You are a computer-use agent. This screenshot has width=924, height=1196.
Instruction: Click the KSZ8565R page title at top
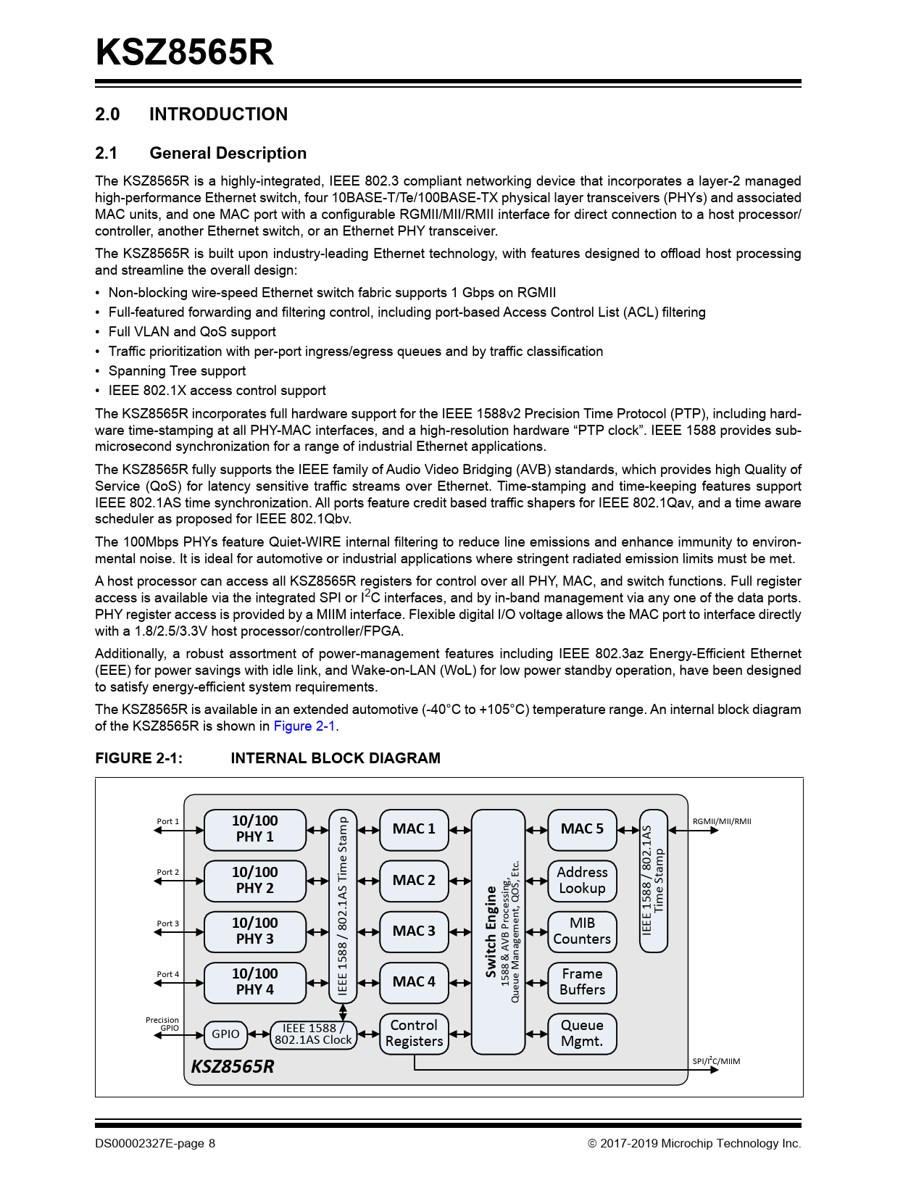click(x=185, y=52)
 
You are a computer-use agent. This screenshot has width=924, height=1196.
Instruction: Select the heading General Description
click(x=228, y=153)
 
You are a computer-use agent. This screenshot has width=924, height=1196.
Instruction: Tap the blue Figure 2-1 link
click(x=304, y=726)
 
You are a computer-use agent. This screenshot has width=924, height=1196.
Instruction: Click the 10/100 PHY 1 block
click(x=254, y=829)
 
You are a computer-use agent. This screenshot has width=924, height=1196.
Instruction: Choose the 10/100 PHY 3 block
click(x=254, y=931)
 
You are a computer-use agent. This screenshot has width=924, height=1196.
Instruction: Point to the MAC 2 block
click(x=414, y=881)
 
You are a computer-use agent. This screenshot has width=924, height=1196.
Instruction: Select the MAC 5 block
click(x=582, y=829)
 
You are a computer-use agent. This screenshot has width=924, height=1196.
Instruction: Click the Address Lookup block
click(x=582, y=881)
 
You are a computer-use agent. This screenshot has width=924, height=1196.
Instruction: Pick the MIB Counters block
click(x=582, y=931)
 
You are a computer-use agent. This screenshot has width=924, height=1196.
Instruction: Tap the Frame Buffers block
click(x=582, y=982)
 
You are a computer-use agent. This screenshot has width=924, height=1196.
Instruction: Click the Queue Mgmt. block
click(x=582, y=1034)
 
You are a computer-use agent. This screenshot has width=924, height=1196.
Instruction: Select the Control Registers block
click(x=414, y=1034)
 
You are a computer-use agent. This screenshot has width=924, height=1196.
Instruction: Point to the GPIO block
click(x=225, y=1034)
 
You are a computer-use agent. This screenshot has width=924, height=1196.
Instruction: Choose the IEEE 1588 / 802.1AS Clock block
click(x=313, y=1034)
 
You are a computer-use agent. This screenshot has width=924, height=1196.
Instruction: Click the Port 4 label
click(x=167, y=974)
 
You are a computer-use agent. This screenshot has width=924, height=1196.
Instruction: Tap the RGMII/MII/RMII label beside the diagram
click(x=722, y=821)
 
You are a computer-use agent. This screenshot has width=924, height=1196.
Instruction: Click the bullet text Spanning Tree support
click(x=177, y=371)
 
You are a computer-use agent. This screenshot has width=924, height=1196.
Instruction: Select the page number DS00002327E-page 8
click(x=155, y=1144)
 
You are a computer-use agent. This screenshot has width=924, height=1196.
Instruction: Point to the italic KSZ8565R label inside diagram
click(x=233, y=1066)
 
